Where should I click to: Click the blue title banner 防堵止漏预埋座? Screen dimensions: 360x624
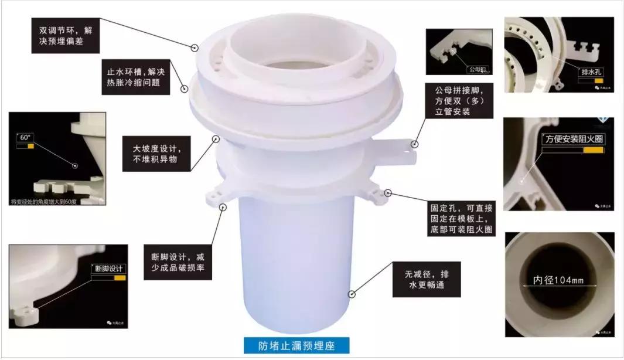coord(296,345)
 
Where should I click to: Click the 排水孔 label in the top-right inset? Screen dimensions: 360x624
coord(591,72)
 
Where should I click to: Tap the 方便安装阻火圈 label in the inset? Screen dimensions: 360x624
coord(573,140)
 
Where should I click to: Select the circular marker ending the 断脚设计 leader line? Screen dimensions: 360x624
coord(223,206)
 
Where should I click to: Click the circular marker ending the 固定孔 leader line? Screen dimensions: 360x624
coord(387,192)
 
